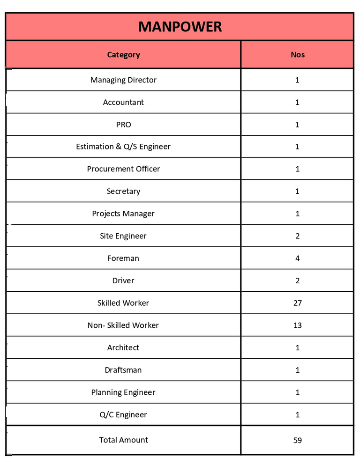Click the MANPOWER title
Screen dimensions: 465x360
(x=180, y=27)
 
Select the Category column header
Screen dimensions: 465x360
(x=123, y=55)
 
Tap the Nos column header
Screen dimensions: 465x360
(x=297, y=55)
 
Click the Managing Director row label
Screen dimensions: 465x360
(x=123, y=80)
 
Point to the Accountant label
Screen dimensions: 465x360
(x=123, y=102)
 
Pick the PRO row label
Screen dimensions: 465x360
(x=123, y=125)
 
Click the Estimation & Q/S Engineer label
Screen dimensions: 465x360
(x=123, y=147)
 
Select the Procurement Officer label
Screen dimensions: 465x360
(x=123, y=169)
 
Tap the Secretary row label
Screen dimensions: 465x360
(x=123, y=191)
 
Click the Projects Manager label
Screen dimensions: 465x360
(x=123, y=214)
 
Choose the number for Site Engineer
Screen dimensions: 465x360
(x=297, y=236)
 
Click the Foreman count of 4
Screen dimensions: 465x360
(x=297, y=258)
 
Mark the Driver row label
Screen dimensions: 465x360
(x=123, y=280)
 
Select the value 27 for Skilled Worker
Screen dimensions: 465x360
(x=297, y=303)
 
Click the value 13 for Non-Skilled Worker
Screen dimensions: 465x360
(x=297, y=325)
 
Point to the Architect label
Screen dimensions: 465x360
(x=123, y=347)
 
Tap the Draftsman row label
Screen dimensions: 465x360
(x=123, y=370)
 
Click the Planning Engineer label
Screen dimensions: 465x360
(x=123, y=392)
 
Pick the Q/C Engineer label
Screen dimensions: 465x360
(x=123, y=414)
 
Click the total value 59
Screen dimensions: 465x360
(x=297, y=440)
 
